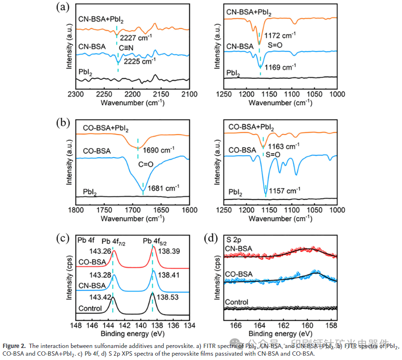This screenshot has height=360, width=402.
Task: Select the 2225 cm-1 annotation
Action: tap(139, 62)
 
